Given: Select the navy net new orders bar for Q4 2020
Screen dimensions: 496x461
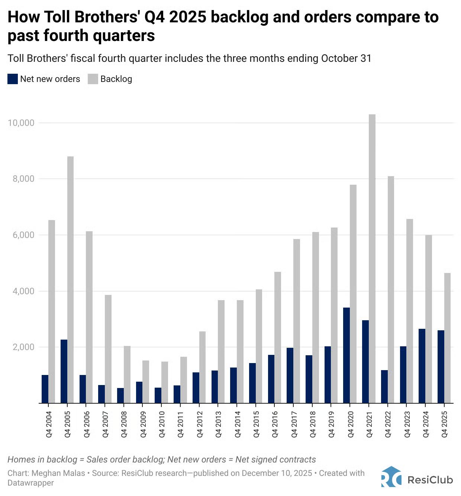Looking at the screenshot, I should click(x=346, y=355).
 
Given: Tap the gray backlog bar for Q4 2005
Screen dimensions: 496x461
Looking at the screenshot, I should click(x=70, y=280).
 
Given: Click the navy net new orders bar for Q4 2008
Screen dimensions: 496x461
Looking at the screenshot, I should click(x=120, y=395).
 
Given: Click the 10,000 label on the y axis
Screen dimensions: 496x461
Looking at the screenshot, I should click(x=21, y=123).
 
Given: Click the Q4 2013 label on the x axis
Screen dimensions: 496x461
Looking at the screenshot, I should click(x=218, y=424).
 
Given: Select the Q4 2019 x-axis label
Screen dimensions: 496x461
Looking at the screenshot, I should click(x=331, y=424).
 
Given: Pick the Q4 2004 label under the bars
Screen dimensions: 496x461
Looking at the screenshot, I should click(x=49, y=424).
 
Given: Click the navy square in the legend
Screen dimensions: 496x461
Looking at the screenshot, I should click(x=13, y=79).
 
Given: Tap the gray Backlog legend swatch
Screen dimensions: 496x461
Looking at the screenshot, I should click(x=93, y=79).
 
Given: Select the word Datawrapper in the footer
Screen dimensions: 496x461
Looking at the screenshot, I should click(x=30, y=483).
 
